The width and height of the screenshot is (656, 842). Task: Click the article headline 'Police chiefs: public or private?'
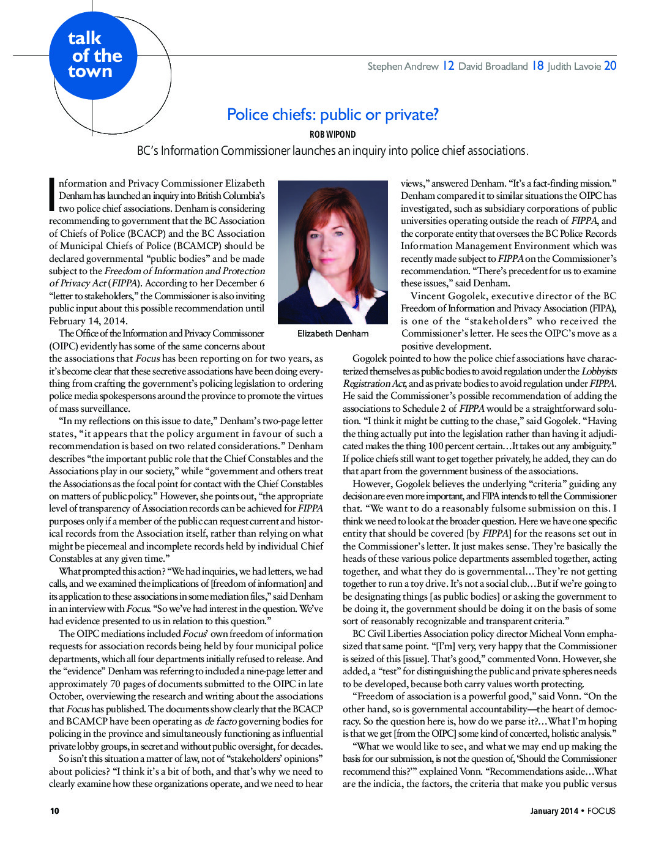(332, 114)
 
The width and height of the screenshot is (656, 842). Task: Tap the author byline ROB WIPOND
(332, 135)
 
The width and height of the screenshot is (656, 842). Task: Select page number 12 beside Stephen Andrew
(448, 65)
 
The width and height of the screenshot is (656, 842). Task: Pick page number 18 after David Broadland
(537, 65)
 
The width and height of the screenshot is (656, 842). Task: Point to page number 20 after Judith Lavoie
(610, 65)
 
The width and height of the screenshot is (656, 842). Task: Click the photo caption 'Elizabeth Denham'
(333, 333)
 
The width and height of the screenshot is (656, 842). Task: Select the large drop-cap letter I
(52, 195)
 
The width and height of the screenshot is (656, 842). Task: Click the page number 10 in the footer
(54, 811)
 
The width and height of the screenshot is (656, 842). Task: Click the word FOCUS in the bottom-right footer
(601, 811)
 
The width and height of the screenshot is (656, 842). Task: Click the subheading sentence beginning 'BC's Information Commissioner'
(332, 151)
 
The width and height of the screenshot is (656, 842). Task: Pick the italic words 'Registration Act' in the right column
(373, 384)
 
